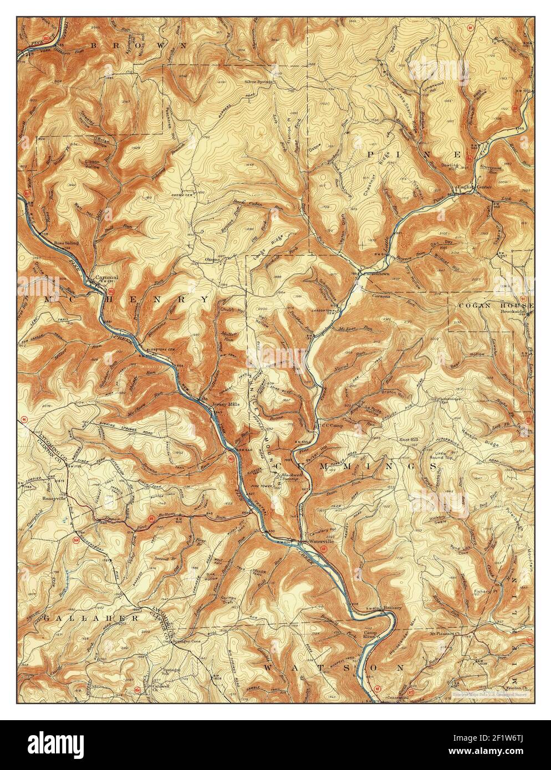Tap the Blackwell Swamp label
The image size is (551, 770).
(x=294, y=478)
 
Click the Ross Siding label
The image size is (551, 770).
(x=67, y=243)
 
